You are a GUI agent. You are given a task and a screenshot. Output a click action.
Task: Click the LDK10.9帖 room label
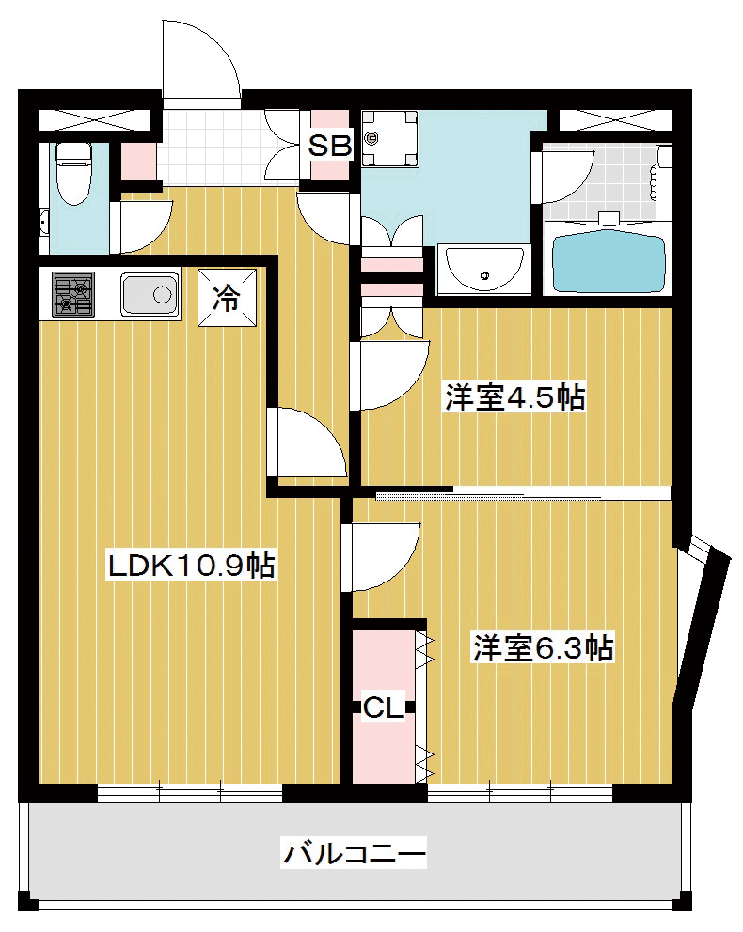pyautogui.click(x=191, y=566)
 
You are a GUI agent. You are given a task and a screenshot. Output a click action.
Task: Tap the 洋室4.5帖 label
pyautogui.click(x=515, y=397)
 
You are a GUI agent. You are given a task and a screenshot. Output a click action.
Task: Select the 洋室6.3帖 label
pyautogui.click(x=543, y=648)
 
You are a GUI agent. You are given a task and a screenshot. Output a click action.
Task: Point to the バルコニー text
pyautogui.click(x=354, y=854)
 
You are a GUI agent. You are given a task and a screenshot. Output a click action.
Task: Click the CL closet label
pyautogui.click(x=384, y=707)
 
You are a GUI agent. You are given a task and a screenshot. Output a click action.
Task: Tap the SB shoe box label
pyautogui.click(x=329, y=145)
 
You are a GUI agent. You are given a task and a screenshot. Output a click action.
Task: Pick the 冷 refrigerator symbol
pyautogui.click(x=227, y=298)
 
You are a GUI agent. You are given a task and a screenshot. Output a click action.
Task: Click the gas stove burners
pyautogui.click(x=73, y=294)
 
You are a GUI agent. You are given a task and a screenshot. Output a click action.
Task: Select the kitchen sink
pyautogui.click(x=150, y=294)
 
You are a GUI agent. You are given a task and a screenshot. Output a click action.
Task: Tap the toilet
pyautogui.click(x=73, y=172)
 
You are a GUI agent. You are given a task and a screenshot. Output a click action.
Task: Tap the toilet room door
pyautogui.click(x=143, y=226)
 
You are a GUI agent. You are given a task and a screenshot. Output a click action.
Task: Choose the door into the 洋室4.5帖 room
pyautogui.click(x=389, y=376)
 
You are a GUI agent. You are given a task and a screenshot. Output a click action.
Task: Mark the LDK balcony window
pyautogui.click(x=189, y=793)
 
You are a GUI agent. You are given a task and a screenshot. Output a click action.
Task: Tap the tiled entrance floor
pyautogui.click(x=229, y=147)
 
